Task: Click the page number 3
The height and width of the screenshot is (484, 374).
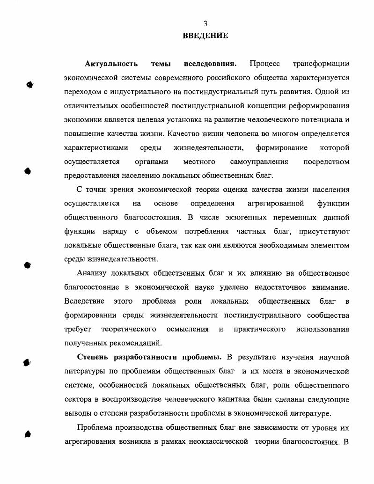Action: pyautogui.click(x=205, y=24)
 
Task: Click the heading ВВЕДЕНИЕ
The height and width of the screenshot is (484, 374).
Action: pyautogui.click(x=205, y=35)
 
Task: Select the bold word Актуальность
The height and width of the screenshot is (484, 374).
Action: pyautogui.click(x=111, y=63)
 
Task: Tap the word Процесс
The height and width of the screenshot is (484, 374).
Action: pyautogui.click(x=264, y=63)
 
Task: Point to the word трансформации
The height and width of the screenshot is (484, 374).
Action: pyautogui.click(x=321, y=63)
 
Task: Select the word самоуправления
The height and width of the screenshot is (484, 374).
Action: pyautogui.click(x=259, y=161)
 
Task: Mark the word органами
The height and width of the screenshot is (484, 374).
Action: pyautogui.click(x=151, y=161)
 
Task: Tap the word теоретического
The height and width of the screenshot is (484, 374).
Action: pyautogui.click(x=128, y=329)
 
